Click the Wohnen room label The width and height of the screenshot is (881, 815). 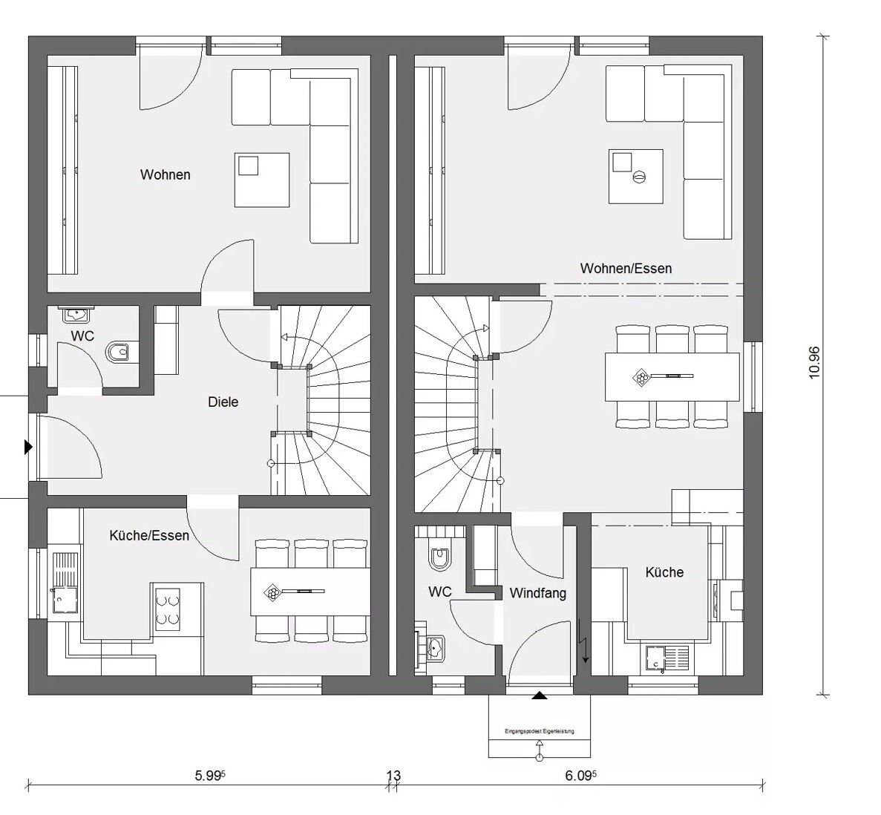[165, 175]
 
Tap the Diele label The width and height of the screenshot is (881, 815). [223, 402]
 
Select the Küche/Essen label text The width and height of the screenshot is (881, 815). [148, 535]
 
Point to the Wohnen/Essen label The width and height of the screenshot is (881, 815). [626, 269]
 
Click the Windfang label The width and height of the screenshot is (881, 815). [537, 593]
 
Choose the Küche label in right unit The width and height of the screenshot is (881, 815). [664, 572]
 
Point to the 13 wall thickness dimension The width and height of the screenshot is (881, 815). [393, 776]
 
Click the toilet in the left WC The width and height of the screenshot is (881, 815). [119, 351]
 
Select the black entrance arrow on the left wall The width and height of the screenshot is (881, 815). [28, 447]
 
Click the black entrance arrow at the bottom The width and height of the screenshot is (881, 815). [540, 695]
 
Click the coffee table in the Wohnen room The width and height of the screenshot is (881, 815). [262, 180]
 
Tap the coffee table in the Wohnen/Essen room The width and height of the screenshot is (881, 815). [635, 176]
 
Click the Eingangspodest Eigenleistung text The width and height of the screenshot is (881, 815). [539, 731]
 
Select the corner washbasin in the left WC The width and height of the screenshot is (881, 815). [76, 315]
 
